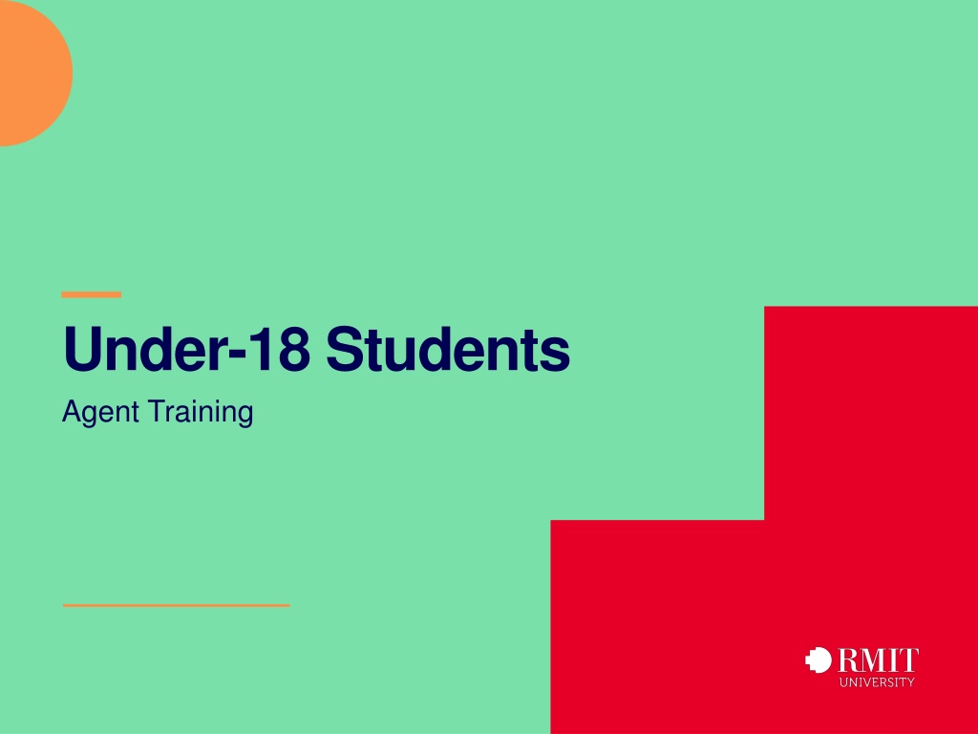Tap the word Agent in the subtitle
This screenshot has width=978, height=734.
click(x=100, y=413)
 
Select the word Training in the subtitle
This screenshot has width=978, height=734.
click(x=201, y=411)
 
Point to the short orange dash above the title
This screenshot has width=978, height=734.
click(x=91, y=294)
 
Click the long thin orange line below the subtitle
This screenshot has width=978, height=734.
click(x=177, y=605)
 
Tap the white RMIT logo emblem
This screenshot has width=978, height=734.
click(x=819, y=660)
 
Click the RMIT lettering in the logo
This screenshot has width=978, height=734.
click(x=879, y=660)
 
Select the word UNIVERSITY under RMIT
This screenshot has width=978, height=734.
click(x=877, y=682)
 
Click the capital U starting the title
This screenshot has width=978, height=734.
click(x=83, y=348)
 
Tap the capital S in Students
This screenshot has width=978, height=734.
click(x=346, y=348)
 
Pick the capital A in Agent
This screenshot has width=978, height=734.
click(x=72, y=411)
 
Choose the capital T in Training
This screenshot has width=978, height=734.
click(x=158, y=411)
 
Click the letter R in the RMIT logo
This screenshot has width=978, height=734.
click(x=849, y=660)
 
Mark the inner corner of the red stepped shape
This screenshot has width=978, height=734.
click(x=764, y=519)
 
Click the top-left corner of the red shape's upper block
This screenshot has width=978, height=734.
click(x=765, y=307)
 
